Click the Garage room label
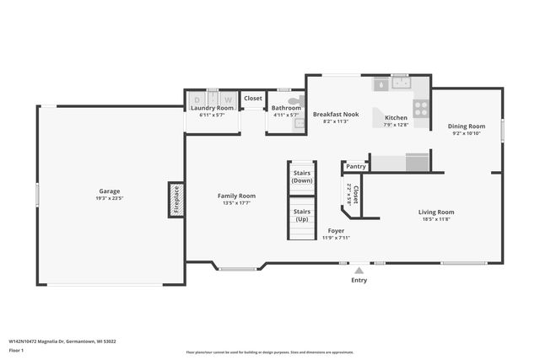[x=110, y=191]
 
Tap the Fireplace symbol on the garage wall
[x=176, y=200]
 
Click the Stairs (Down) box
[x=301, y=177]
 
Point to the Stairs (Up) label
[x=301, y=214]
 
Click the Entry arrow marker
[x=359, y=271]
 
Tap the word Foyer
[x=335, y=230]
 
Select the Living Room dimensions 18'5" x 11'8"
[x=436, y=219]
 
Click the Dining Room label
[x=466, y=126]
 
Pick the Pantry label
[x=355, y=166]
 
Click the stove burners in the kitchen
[x=420, y=108]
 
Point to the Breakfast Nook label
[x=336, y=114]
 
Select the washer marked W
[x=227, y=99]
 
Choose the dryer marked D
[x=197, y=99]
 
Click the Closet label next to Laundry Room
[x=253, y=98]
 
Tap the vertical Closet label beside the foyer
[x=355, y=196]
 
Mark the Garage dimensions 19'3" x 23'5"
[x=110, y=199]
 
